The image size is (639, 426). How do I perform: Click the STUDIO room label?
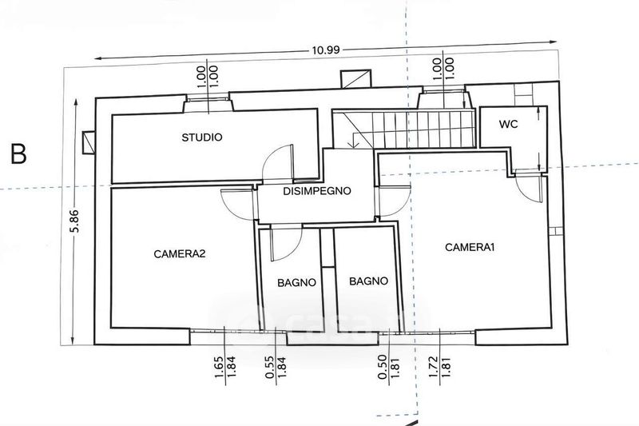[201, 137]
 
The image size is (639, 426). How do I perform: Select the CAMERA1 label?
[470, 247]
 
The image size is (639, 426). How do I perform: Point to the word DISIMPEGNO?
[318, 191]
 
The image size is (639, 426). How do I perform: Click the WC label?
[509, 125]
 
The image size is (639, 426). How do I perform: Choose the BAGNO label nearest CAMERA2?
[298, 282]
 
